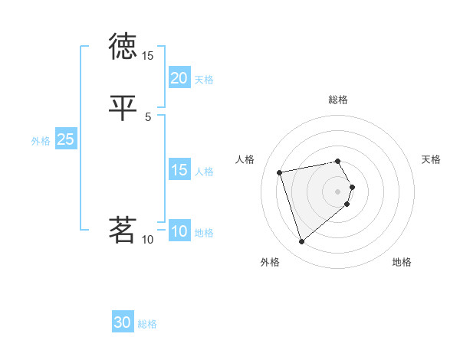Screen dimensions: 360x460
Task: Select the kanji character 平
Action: (123, 107)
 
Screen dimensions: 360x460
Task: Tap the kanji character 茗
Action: (123, 229)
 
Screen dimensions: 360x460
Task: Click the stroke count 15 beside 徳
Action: (148, 56)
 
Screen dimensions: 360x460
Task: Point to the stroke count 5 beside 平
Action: (148, 116)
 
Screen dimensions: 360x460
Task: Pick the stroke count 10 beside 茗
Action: (148, 240)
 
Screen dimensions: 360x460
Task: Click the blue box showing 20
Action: (179, 78)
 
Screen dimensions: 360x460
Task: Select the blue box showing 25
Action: (65, 139)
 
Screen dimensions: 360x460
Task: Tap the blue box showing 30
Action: (123, 323)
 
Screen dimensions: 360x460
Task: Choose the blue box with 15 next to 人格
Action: (179, 170)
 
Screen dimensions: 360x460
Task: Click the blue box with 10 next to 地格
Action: (179, 231)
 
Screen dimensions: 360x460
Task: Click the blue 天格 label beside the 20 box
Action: (204, 80)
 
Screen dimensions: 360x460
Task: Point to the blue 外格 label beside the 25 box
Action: (41, 141)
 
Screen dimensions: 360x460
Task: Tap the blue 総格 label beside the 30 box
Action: (147, 325)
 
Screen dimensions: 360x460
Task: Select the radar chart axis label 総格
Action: (338, 100)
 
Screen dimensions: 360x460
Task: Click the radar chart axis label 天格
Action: (431, 159)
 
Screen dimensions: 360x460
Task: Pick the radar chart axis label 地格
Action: (402, 262)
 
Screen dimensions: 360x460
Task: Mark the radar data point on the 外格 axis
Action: (301, 241)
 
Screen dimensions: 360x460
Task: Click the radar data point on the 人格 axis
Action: (280, 172)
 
